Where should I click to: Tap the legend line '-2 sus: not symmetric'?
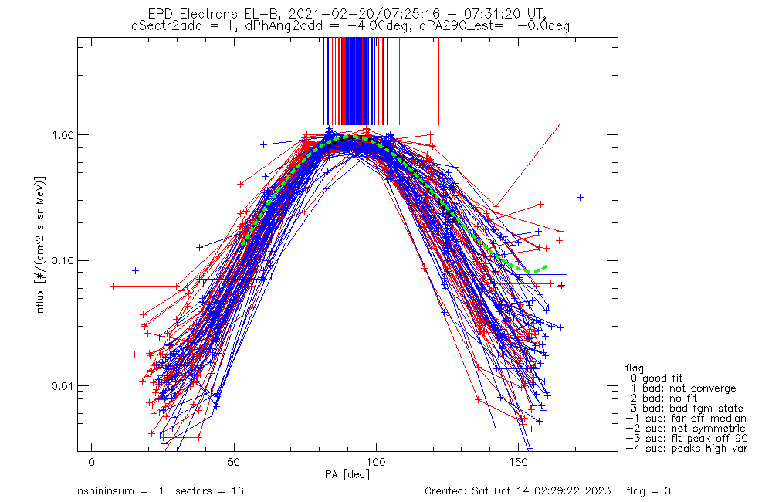[x=686, y=428]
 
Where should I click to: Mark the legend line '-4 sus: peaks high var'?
[x=686, y=448]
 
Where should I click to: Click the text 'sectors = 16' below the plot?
[x=206, y=491]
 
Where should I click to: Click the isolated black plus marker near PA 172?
[x=581, y=198]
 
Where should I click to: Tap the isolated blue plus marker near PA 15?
[x=135, y=270]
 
